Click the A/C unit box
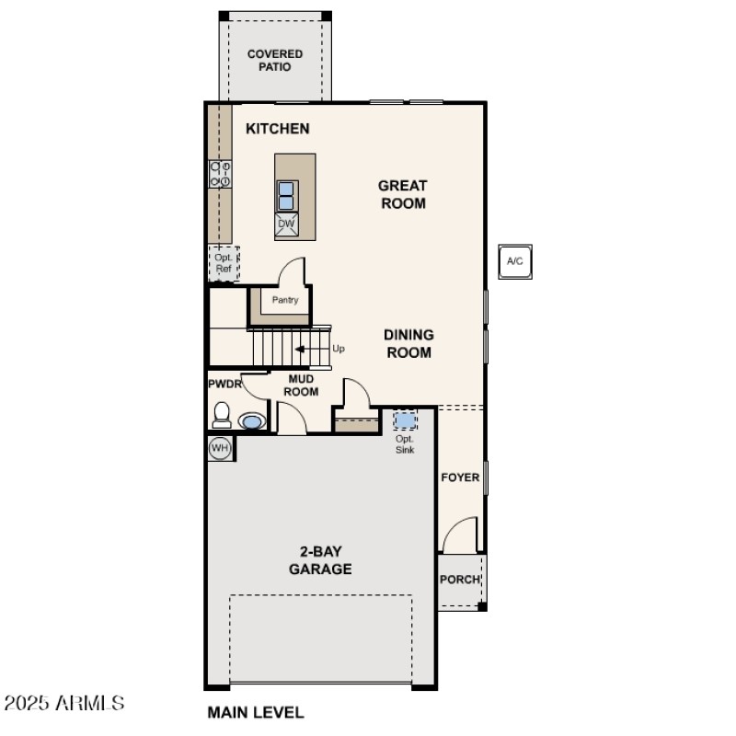point(515,261)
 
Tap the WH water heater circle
point(219,448)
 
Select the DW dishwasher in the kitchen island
point(286,224)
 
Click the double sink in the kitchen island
point(286,196)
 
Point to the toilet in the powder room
point(222,415)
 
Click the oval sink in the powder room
point(251,421)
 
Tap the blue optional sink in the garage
point(405,420)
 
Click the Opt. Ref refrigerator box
point(224,264)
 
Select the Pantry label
point(285,300)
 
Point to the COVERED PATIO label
point(275,61)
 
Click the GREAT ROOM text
point(403,194)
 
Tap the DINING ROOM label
point(408,343)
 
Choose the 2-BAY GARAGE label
point(320,560)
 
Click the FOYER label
point(460,477)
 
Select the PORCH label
point(459,580)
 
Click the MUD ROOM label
point(301,385)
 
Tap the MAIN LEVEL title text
point(256,712)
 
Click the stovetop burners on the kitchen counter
point(220,174)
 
